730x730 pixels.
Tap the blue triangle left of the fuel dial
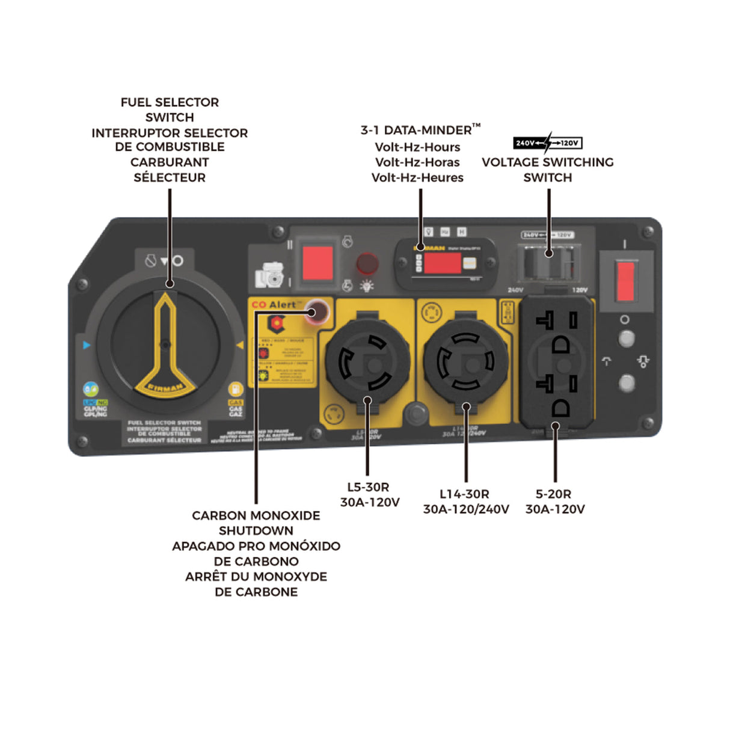click(x=87, y=345)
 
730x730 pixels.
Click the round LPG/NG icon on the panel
click(x=91, y=389)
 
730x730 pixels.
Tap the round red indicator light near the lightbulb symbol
click(x=367, y=263)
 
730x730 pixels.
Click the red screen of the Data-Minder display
click(x=442, y=263)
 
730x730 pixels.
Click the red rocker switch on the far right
click(x=625, y=281)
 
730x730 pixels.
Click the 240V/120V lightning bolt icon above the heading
click(x=547, y=143)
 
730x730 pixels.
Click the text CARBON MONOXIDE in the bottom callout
click(x=256, y=515)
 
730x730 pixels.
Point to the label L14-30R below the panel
click(x=464, y=494)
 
